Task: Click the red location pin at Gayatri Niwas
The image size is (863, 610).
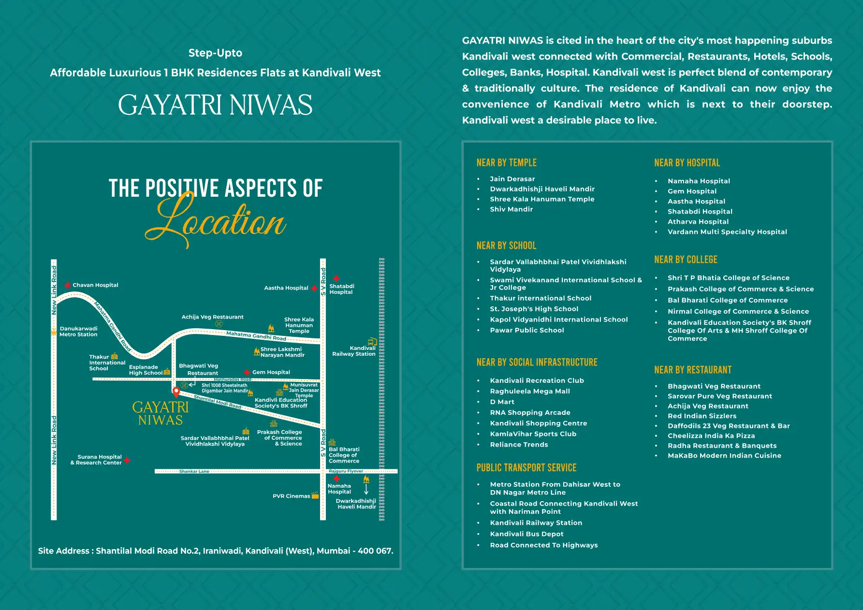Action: (x=176, y=392)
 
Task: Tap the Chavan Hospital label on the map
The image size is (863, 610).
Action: (x=95, y=285)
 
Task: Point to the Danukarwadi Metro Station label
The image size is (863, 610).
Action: (x=78, y=332)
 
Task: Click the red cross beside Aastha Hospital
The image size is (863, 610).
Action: (x=314, y=289)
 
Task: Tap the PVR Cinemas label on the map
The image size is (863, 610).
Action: (x=291, y=496)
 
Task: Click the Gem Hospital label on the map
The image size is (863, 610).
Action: (x=271, y=372)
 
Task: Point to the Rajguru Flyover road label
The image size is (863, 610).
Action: (x=346, y=471)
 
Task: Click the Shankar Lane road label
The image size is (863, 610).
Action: (x=194, y=471)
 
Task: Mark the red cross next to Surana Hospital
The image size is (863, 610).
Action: (x=127, y=460)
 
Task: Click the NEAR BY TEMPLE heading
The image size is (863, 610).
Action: (x=506, y=163)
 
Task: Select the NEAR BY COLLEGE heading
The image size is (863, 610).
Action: (x=686, y=260)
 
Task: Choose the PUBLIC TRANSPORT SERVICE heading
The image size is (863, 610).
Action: (x=526, y=468)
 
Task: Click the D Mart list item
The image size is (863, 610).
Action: (x=502, y=402)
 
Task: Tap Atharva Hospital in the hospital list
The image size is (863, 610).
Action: (x=698, y=222)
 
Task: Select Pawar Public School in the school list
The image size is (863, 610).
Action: (x=527, y=331)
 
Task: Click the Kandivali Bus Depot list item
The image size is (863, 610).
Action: (x=527, y=534)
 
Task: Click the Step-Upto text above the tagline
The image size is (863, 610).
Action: (x=215, y=53)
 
